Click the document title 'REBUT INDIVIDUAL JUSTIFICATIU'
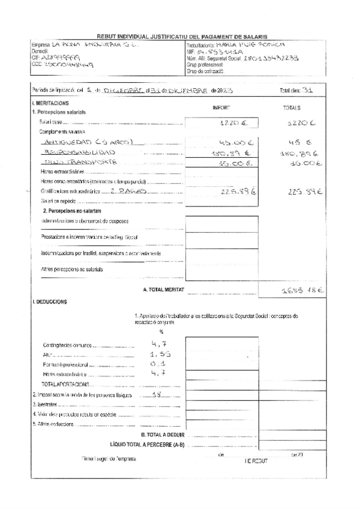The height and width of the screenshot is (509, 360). pyautogui.click(x=182, y=37)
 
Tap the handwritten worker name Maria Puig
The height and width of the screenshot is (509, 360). pyautogui.click(x=242, y=45)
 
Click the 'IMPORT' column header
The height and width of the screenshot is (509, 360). pyautogui.click(x=222, y=107)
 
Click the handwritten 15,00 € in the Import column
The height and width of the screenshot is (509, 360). pyautogui.click(x=228, y=163)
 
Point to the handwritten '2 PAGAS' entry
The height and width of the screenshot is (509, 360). pyautogui.click(x=125, y=191)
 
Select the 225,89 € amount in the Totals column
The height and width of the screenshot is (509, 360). pyautogui.click(x=306, y=192)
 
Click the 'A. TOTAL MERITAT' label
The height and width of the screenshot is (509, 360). pyautogui.click(x=162, y=290)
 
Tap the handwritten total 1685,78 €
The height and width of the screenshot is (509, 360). pyautogui.click(x=302, y=291)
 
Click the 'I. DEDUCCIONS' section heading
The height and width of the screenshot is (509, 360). pyautogui.click(x=50, y=301)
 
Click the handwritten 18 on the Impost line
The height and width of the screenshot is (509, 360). pyautogui.click(x=157, y=394)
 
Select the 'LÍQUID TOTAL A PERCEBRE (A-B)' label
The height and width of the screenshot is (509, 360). pyautogui.click(x=147, y=445)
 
